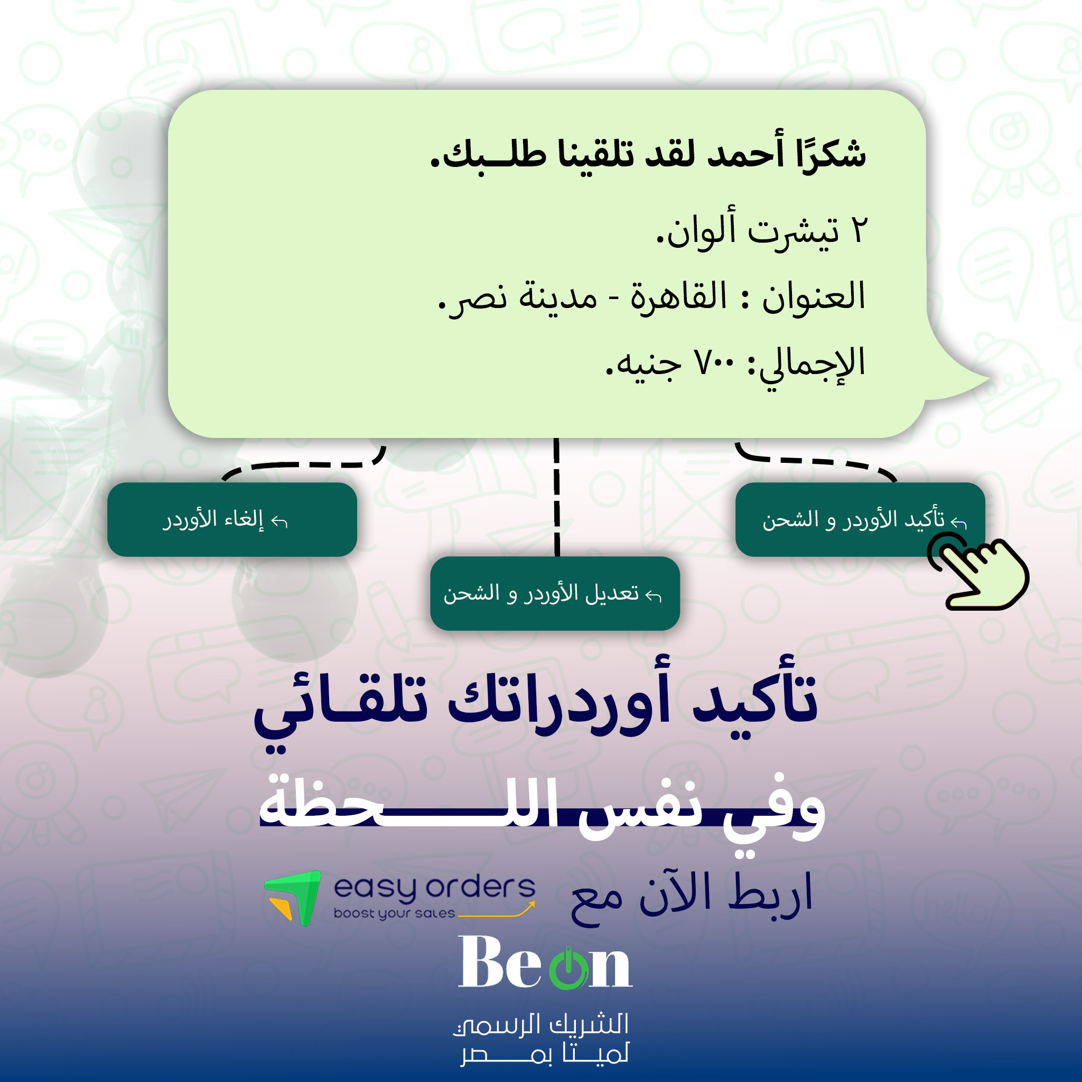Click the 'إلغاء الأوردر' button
tap(232, 519)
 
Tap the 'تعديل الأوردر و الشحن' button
tap(554, 593)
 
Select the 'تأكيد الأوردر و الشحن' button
tap(860, 519)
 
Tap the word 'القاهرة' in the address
tap(678, 297)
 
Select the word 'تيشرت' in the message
tap(794, 231)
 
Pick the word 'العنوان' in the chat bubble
tap(813, 297)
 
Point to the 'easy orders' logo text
tap(434, 888)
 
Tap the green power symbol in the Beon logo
tap(568, 969)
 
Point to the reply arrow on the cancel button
tap(279, 522)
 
